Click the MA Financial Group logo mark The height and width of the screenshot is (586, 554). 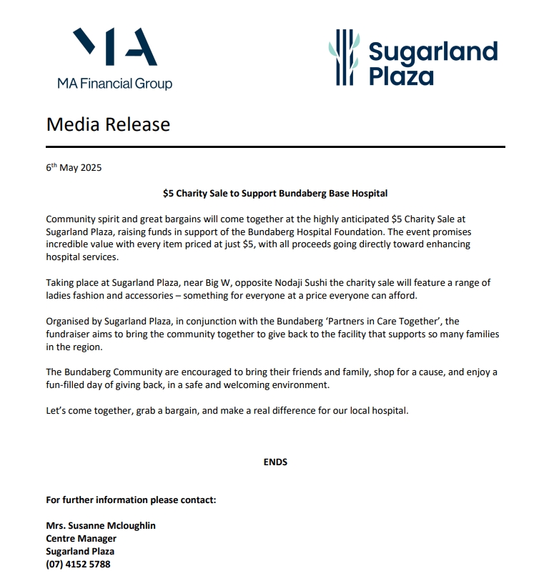(x=115, y=49)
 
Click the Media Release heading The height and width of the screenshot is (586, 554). (x=108, y=124)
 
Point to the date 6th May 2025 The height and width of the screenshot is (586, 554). (x=74, y=168)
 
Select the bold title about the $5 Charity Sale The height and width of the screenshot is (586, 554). (x=275, y=193)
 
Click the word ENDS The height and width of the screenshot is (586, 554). (x=275, y=462)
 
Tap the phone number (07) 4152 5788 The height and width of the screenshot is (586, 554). (x=78, y=564)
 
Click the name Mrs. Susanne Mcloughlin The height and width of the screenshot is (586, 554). (x=101, y=525)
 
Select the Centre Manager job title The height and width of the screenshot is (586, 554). (x=81, y=538)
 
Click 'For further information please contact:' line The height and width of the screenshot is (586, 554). (x=131, y=500)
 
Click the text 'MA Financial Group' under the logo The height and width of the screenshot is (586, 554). (x=115, y=84)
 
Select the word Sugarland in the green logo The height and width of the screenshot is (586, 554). (x=433, y=52)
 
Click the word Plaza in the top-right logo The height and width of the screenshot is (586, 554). (x=401, y=75)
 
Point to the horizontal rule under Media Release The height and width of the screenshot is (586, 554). (x=275, y=146)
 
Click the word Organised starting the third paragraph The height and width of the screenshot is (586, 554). (x=69, y=322)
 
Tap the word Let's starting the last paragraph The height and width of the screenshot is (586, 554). (x=58, y=411)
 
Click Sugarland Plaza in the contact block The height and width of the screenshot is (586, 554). (x=80, y=551)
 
